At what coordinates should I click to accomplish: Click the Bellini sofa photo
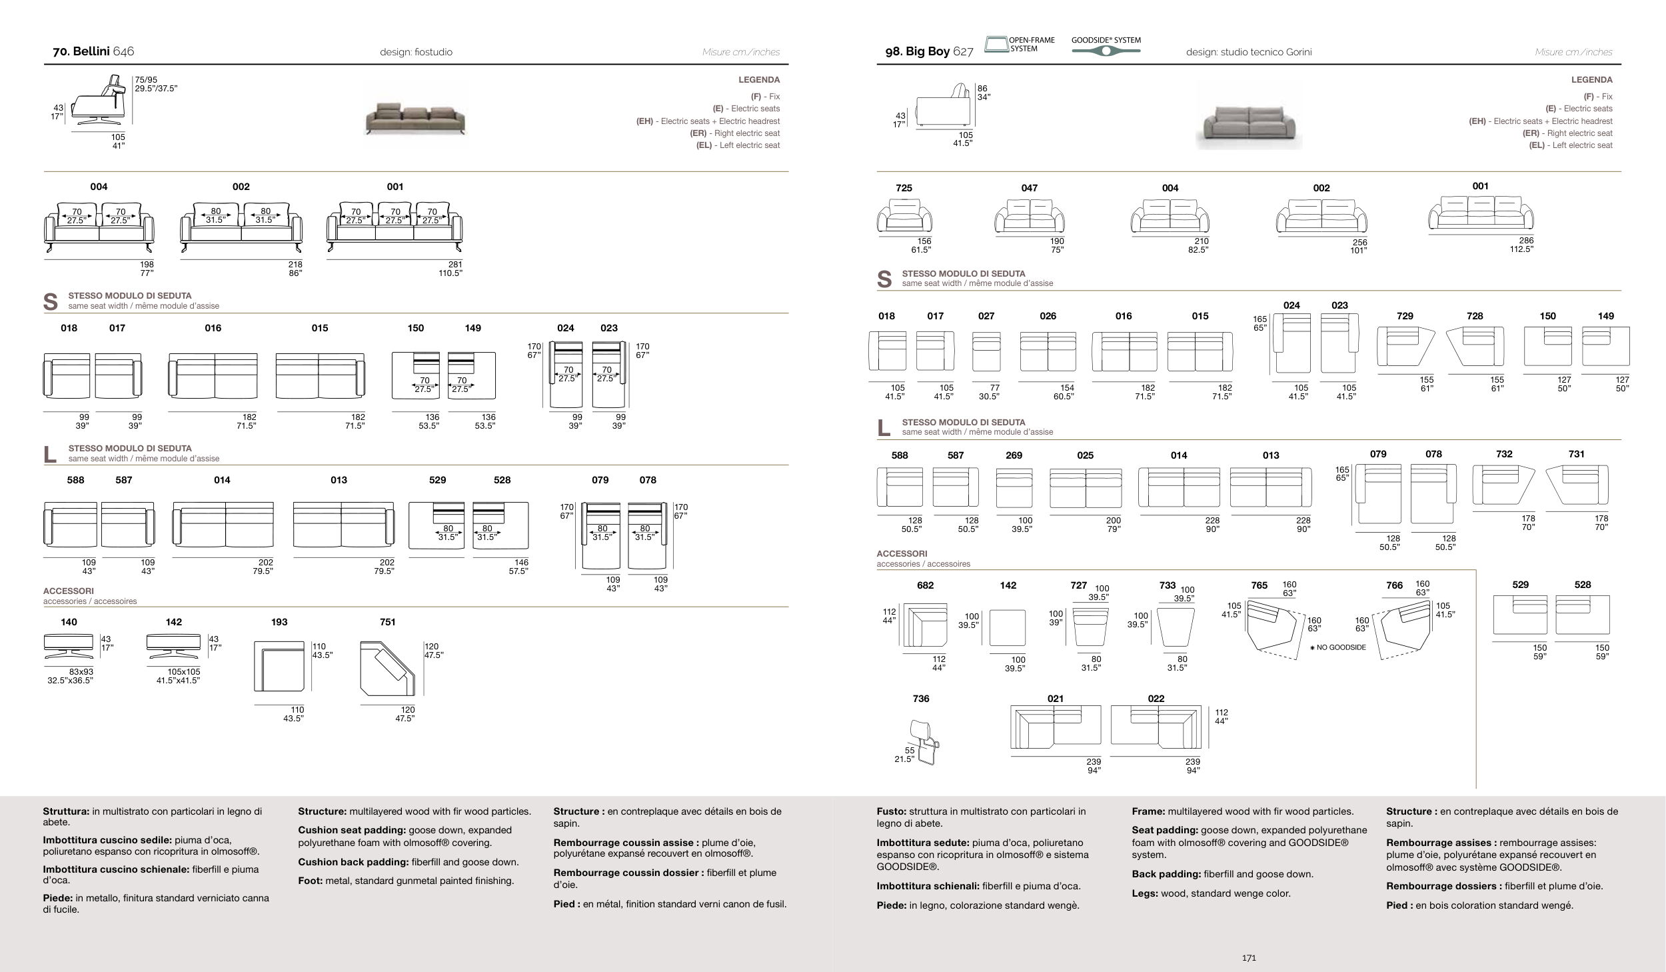pyautogui.click(x=415, y=119)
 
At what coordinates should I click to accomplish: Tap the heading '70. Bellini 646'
pyautogui.click(x=93, y=52)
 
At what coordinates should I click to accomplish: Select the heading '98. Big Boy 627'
pyautogui.click(x=929, y=52)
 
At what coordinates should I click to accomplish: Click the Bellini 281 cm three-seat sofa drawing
pyautogui.click(x=395, y=227)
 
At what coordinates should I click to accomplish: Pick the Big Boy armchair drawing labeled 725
pyautogui.click(x=904, y=217)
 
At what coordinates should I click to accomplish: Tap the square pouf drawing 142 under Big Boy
pyautogui.click(x=1007, y=627)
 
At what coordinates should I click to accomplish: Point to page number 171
pyautogui.click(x=1249, y=958)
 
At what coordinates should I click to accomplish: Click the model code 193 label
pyautogui.click(x=279, y=622)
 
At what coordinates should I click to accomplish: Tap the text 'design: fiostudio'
pyautogui.click(x=416, y=52)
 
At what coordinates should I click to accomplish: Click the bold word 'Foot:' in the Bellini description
pyautogui.click(x=310, y=881)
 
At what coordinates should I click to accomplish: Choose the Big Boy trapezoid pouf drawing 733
pyautogui.click(x=1176, y=627)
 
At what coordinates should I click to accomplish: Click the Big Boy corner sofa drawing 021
pyautogui.click(x=1055, y=727)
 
